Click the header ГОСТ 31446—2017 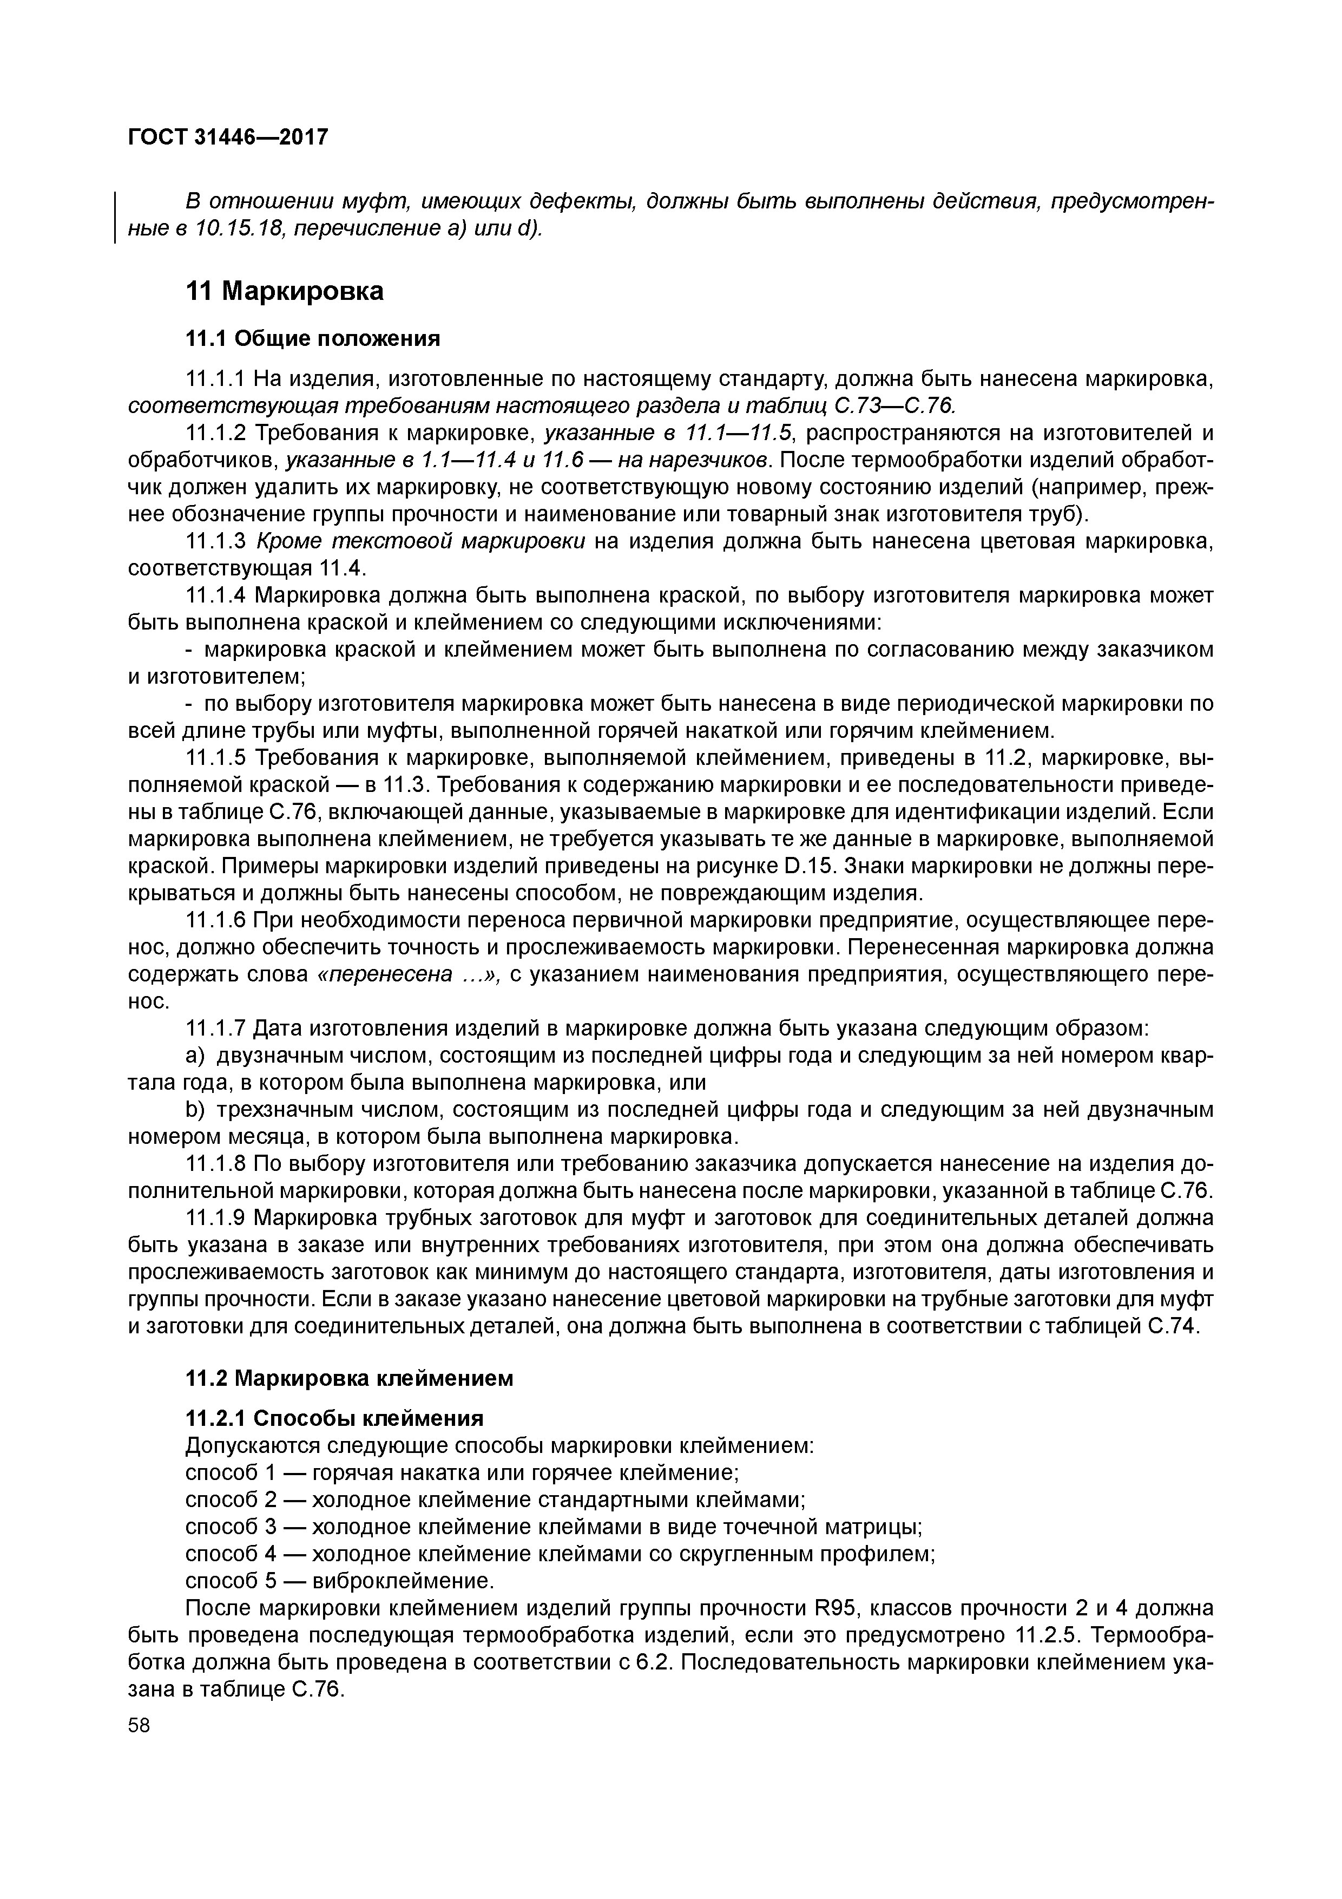[x=228, y=137]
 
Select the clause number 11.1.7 [x=216, y=1029]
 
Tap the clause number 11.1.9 [x=216, y=1219]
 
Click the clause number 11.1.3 [x=216, y=542]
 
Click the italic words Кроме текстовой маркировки [x=421, y=542]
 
